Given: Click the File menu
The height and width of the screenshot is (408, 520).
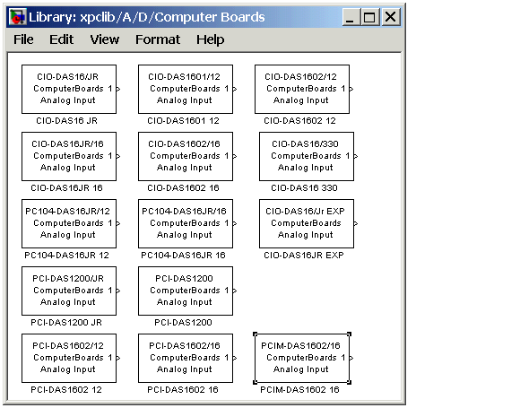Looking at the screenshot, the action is pyautogui.click(x=23, y=39).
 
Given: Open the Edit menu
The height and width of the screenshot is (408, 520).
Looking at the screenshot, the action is pyautogui.click(x=61, y=39).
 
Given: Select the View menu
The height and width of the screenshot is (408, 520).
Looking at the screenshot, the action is pyautogui.click(x=105, y=39).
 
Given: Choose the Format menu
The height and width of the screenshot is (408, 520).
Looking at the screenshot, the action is pyautogui.click(x=158, y=39).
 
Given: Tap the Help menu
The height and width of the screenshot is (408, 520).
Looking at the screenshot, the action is pyautogui.click(x=211, y=39).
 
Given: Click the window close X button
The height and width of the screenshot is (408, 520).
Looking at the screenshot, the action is pyautogui.click(x=390, y=16).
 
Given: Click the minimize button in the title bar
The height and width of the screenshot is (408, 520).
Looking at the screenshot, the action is pyautogui.click(x=351, y=16).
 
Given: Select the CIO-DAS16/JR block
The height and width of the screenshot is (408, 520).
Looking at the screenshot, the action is pyautogui.click(x=69, y=89).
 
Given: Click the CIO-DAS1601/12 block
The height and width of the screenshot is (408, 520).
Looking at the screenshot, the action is pyautogui.click(x=186, y=89).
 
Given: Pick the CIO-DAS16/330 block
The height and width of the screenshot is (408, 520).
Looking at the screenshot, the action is pyautogui.click(x=307, y=156).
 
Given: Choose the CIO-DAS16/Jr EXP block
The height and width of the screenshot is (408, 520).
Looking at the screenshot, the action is pyautogui.click(x=307, y=223).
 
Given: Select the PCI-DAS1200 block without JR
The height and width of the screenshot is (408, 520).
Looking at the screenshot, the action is pyautogui.click(x=186, y=291).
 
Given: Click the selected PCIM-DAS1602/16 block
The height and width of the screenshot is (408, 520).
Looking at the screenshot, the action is pyautogui.click(x=302, y=359).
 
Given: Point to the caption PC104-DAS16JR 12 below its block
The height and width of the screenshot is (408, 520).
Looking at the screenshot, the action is pyautogui.click(x=66, y=255).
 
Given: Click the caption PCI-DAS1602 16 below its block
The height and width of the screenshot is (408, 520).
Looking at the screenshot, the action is pyautogui.click(x=183, y=390).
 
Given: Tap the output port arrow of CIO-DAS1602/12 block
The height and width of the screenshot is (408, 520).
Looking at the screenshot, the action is pyautogui.click(x=351, y=89).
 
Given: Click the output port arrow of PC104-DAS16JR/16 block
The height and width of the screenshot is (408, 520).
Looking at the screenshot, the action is pyautogui.click(x=235, y=223).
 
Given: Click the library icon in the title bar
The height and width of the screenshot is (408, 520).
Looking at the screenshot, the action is pyautogui.click(x=17, y=17).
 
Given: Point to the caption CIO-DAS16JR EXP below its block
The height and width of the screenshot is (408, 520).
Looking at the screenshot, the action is pyautogui.click(x=304, y=255).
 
